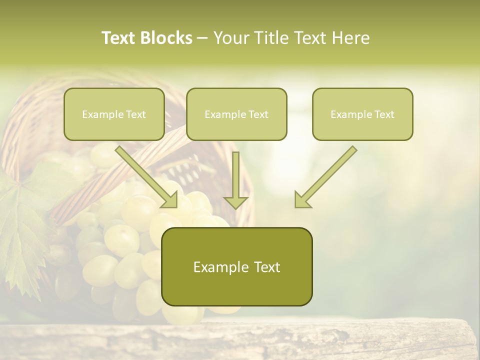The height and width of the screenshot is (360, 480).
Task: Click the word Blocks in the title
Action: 165,38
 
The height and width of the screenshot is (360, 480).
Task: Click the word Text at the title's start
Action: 118,38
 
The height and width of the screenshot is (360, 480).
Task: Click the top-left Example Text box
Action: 114,114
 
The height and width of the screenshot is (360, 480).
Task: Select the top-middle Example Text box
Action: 236,114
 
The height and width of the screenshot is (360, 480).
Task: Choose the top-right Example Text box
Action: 362,114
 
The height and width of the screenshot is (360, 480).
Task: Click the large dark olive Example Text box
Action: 236,266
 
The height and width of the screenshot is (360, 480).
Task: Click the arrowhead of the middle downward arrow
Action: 235,202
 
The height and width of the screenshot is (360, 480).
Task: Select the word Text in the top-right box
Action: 384,114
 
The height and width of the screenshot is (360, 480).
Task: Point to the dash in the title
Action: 202,38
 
